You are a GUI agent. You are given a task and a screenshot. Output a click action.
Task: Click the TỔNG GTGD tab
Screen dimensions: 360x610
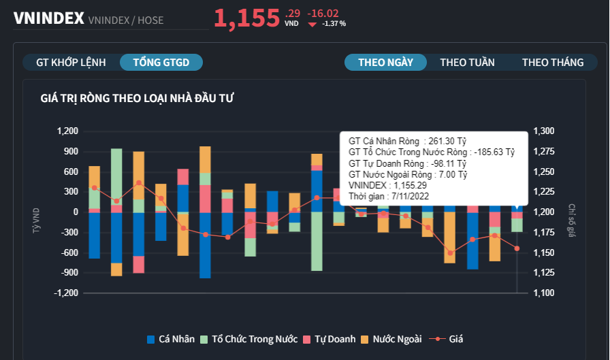tap(161, 62)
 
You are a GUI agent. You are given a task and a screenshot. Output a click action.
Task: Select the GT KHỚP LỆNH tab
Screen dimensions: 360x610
tap(71, 62)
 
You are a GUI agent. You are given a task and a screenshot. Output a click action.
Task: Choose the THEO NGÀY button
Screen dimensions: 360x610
tap(385, 62)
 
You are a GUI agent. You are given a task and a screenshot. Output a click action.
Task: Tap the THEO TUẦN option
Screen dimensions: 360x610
tap(467, 62)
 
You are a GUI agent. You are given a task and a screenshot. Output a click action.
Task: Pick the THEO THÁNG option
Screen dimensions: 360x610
tap(553, 62)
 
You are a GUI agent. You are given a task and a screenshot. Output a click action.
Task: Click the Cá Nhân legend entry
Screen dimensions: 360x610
tap(171, 339)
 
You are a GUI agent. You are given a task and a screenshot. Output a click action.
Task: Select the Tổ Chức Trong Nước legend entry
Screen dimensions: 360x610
tap(248, 339)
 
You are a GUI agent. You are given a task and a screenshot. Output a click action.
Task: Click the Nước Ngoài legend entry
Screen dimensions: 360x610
tap(391, 339)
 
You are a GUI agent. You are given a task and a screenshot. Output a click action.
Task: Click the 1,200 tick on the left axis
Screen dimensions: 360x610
tap(68, 131)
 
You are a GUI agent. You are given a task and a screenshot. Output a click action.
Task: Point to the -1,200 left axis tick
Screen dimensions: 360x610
tap(67, 293)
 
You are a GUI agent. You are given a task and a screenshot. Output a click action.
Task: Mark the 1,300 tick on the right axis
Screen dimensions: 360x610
tap(544, 131)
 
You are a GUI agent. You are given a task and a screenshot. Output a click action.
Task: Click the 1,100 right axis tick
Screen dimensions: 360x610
tap(544, 293)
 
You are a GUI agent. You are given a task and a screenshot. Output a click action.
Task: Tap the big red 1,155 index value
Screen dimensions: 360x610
tap(246, 18)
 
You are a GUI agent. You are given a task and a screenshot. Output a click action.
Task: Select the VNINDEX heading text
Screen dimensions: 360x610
tap(48, 18)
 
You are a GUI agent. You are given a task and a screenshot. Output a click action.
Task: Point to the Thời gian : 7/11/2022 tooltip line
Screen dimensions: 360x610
tap(388, 196)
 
